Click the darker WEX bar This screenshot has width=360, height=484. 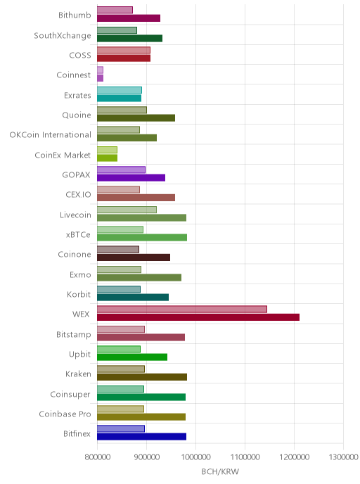198,317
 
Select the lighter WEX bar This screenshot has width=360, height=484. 182,309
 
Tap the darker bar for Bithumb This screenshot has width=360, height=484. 129,18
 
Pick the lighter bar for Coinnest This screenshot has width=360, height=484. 100,70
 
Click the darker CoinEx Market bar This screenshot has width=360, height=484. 107,158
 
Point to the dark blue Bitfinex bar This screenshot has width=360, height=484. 141,436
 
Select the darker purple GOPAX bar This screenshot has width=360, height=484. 131,177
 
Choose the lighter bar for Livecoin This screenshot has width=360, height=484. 127,210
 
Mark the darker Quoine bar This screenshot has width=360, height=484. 136,118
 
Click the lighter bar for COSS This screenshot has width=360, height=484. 124,51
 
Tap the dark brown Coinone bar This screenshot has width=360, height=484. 134,257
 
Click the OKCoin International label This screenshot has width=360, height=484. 51,135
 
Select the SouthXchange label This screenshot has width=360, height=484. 63,36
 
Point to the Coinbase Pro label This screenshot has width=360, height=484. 65,414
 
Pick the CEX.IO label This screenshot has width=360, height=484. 78,195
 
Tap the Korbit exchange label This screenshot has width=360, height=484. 79,295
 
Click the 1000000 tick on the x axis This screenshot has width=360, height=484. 195,457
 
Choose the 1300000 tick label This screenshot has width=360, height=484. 343,457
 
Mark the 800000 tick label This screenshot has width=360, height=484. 98,457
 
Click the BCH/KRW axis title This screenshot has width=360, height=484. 220,471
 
